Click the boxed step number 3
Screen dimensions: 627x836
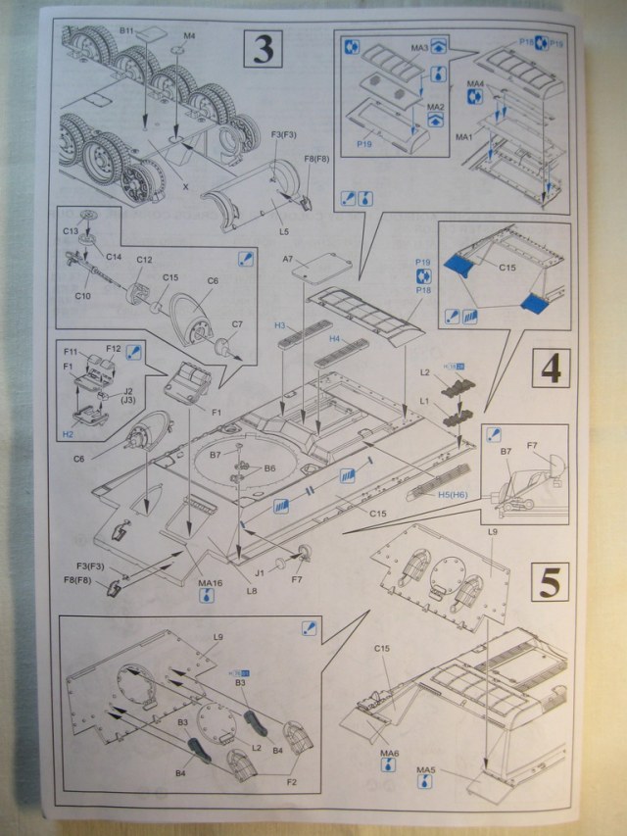tap(262, 49)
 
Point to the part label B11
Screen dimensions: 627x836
tap(127, 31)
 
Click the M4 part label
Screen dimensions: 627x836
tap(189, 36)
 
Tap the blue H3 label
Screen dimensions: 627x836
tap(279, 324)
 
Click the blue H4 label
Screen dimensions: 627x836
tap(334, 338)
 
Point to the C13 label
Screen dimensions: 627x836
tap(72, 231)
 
